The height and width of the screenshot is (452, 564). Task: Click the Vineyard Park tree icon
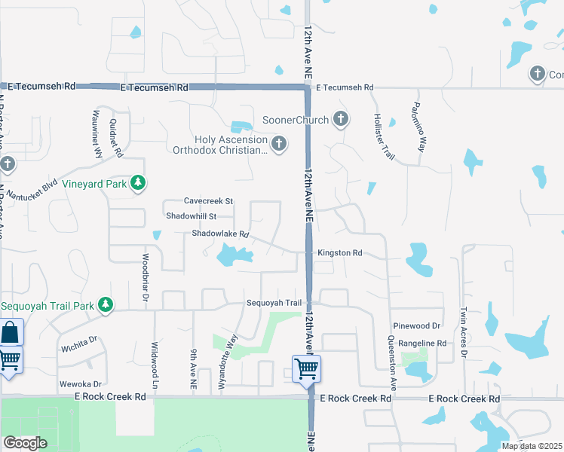[x=138, y=182]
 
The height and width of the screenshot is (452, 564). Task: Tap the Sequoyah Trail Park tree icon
[x=106, y=304]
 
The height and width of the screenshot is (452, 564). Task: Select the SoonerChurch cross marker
[x=341, y=119]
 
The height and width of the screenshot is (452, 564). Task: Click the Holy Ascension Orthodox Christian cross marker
[x=279, y=143]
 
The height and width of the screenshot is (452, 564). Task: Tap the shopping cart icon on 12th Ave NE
[x=307, y=369]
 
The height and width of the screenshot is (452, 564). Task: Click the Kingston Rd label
[x=340, y=253]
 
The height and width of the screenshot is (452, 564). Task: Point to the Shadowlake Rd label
[x=220, y=234]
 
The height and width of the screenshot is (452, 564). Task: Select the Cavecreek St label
[x=209, y=201]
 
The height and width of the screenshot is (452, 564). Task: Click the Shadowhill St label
[x=192, y=216]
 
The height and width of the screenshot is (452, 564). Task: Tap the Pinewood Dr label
[x=416, y=326]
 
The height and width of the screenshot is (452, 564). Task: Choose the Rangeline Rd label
[x=421, y=343]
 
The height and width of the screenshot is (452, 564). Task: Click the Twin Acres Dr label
[x=464, y=331]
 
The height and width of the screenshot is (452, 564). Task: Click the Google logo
[x=26, y=443]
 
